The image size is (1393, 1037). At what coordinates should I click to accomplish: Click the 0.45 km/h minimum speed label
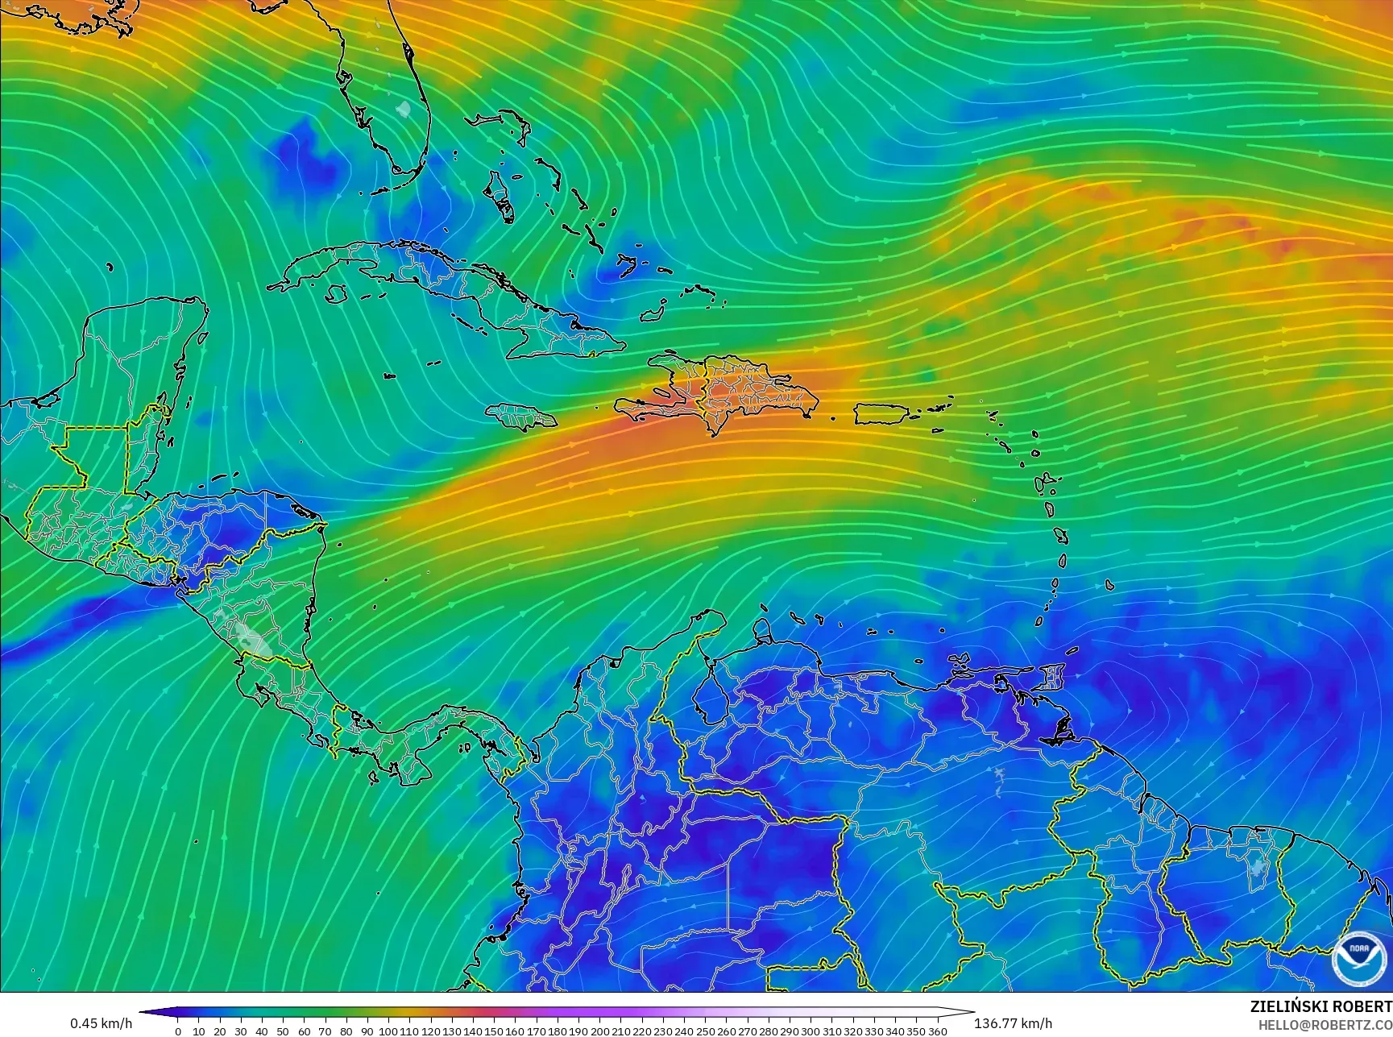pyautogui.click(x=101, y=1023)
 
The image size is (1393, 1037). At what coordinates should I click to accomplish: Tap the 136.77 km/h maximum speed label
pyautogui.click(x=1013, y=1023)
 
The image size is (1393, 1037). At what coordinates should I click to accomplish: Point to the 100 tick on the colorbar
pyautogui.click(x=388, y=1031)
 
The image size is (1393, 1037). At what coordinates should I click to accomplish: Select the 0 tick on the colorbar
pyautogui.click(x=178, y=1031)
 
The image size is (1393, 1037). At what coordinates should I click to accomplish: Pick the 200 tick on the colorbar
pyautogui.click(x=599, y=1031)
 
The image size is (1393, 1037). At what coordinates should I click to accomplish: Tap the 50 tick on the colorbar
pyautogui.click(x=283, y=1031)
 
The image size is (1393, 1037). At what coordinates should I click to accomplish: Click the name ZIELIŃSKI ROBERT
pyautogui.click(x=1320, y=1006)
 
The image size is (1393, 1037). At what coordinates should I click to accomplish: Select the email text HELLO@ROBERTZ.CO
pyautogui.click(x=1325, y=1024)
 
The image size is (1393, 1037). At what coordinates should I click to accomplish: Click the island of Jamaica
pyautogui.click(x=521, y=416)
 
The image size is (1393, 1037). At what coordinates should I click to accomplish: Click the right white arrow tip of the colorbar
pyautogui.click(x=970, y=1012)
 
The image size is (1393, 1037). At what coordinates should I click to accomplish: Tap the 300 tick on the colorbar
pyautogui.click(x=811, y=1031)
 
